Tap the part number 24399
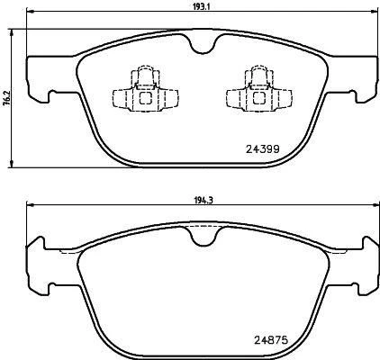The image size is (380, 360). pos(263,148)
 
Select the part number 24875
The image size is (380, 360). pos(263,341)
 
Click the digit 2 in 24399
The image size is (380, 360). pos(249,148)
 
